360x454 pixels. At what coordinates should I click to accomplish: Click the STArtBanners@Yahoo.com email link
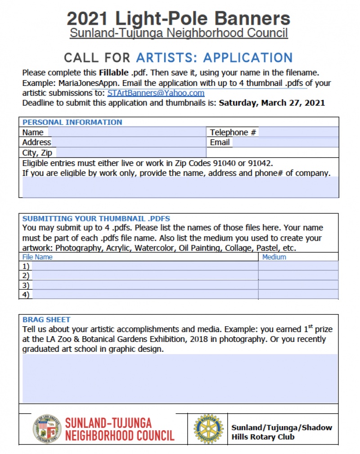pos(156,93)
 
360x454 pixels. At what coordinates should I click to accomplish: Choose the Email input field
pos(285,142)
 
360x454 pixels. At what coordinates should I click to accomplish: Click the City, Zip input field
pos(130,153)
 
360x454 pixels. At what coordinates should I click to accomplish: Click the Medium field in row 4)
pos(298,295)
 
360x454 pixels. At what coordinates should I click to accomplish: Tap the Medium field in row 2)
pos(298,275)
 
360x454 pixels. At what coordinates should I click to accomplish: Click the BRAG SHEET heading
pos(46,319)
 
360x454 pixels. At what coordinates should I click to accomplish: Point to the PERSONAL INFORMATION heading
pos(72,122)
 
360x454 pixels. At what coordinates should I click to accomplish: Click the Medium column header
pos(274,257)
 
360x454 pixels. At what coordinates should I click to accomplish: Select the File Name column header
pos(37,257)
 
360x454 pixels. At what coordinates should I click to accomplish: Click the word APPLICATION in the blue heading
pos(248,58)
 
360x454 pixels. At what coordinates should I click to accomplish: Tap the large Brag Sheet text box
pos(180,378)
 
